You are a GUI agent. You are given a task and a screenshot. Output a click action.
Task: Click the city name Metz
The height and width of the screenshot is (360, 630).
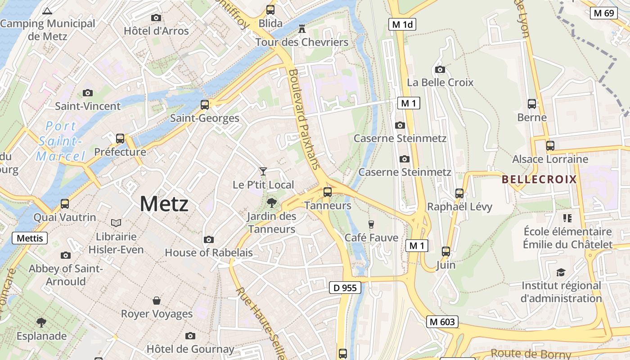pyautogui.click(x=164, y=204)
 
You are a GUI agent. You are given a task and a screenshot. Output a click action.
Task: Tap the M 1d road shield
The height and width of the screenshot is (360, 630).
pyautogui.click(x=402, y=24)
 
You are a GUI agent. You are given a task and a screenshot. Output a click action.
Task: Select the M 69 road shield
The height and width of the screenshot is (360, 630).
pyautogui.click(x=603, y=13)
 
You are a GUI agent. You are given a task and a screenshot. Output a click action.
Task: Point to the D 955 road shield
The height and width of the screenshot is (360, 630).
pyautogui.click(x=345, y=288)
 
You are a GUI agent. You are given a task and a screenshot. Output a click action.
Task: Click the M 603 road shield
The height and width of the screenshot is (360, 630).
pyautogui.click(x=443, y=322)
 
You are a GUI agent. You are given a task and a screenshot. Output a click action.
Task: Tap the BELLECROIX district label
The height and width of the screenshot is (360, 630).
pyautogui.click(x=539, y=180)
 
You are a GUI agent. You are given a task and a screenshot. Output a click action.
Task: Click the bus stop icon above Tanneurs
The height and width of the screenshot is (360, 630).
pyautogui.click(x=328, y=192)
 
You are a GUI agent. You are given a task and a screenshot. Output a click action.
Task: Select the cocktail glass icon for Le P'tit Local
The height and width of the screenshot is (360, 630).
pyautogui.click(x=263, y=171)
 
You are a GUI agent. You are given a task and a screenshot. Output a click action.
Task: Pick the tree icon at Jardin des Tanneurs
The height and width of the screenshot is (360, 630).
pyautogui.click(x=271, y=202)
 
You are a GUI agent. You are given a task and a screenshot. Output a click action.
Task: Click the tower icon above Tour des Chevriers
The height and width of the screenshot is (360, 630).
pyautogui.click(x=302, y=29)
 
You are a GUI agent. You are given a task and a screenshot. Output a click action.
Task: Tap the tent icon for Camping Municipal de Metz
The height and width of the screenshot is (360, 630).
pyautogui.click(x=47, y=10)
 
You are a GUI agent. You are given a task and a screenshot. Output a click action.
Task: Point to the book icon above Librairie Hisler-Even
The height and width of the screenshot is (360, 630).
pyautogui.click(x=116, y=223)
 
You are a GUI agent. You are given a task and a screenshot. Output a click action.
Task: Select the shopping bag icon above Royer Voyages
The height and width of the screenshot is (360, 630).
pyautogui.click(x=157, y=300)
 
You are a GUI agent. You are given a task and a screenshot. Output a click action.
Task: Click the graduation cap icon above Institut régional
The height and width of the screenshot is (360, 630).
pyautogui.click(x=561, y=272)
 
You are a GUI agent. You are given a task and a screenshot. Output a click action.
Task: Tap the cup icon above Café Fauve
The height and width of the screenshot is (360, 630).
pyautogui.click(x=371, y=224)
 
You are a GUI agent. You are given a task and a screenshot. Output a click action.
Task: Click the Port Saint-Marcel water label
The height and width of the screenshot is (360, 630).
pyautogui.click(x=60, y=141)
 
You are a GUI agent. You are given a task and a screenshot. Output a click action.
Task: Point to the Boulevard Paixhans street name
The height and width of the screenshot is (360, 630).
pyautogui.click(x=305, y=119)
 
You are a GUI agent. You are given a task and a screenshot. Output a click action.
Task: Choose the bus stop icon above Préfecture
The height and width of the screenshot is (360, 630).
pyautogui.click(x=120, y=138)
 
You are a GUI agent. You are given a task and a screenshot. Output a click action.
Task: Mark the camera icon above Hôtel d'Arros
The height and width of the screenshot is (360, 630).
pyautogui.click(x=156, y=18)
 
